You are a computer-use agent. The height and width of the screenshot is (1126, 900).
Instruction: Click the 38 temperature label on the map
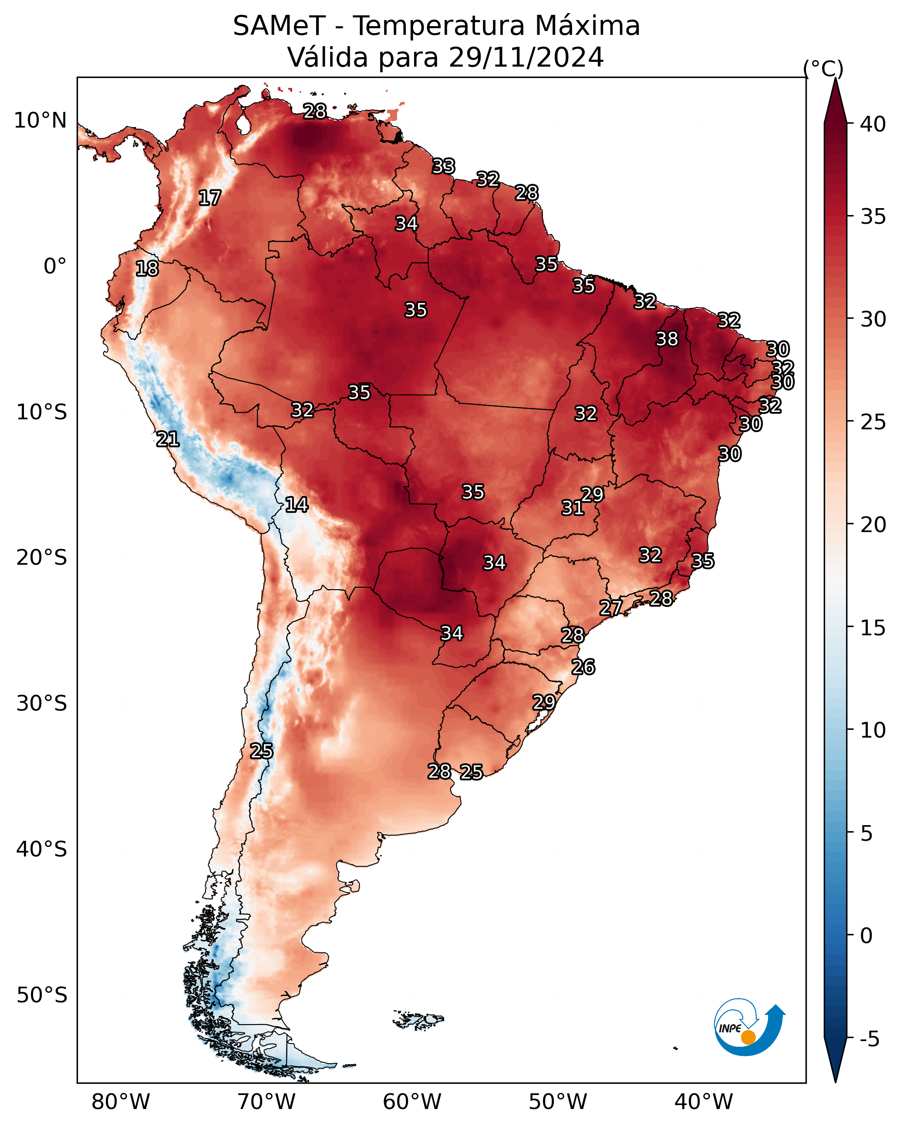click(667, 339)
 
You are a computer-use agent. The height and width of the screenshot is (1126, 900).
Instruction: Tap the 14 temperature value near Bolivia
click(297, 505)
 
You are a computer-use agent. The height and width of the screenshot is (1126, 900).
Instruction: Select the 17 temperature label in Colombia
click(210, 198)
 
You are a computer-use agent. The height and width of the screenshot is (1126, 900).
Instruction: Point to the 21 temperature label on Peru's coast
click(168, 439)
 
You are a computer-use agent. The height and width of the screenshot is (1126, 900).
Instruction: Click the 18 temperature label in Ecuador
click(147, 269)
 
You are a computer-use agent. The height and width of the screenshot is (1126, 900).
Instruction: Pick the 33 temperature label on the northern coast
click(444, 166)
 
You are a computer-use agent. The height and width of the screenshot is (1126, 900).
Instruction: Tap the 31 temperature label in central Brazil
click(573, 508)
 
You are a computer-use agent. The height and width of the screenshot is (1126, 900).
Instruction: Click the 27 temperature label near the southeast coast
click(610, 607)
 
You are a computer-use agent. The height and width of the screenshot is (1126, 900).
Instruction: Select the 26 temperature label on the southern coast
click(583, 667)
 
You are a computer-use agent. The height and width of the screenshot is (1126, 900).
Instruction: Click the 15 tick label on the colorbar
click(873, 628)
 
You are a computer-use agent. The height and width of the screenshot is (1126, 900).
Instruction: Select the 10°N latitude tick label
click(40, 121)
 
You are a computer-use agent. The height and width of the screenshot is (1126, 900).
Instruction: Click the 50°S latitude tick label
click(42, 995)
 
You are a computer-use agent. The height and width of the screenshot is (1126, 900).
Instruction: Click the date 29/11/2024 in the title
click(526, 57)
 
